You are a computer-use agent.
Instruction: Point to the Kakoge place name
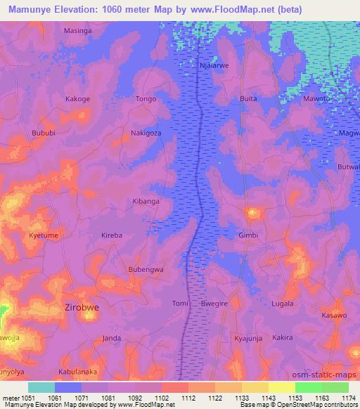tap(77, 99)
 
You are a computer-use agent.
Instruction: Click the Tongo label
tap(146, 99)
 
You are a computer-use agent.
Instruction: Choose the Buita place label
tap(248, 99)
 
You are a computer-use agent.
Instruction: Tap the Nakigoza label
tap(146, 133)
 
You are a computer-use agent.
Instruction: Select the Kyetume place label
tap(44, 235)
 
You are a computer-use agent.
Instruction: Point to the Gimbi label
tap(249, 235)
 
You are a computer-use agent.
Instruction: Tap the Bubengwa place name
tap(146, 269)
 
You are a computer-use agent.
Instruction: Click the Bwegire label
tap(214, 304)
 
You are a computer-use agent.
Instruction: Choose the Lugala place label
tap(283, 304)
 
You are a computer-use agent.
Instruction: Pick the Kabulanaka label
tap(77, 372)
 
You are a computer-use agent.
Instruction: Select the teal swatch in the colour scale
tap(41, 387)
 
